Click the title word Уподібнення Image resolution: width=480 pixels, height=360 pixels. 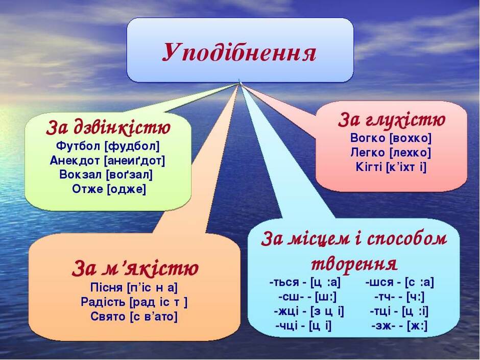239,53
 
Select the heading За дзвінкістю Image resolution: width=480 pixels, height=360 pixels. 108,128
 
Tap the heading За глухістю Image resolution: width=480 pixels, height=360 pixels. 392,119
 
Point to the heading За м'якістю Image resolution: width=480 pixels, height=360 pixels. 135,268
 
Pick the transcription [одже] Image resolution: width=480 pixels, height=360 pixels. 127,189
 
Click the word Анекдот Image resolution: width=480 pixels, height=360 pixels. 75,160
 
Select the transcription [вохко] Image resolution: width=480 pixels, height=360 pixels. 410,138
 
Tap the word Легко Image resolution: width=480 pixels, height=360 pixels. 368,152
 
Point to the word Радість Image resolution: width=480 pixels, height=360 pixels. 103,302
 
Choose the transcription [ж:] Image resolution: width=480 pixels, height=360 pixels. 417,325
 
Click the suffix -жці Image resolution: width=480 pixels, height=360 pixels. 286,311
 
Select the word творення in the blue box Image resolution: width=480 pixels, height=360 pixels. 354,263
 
